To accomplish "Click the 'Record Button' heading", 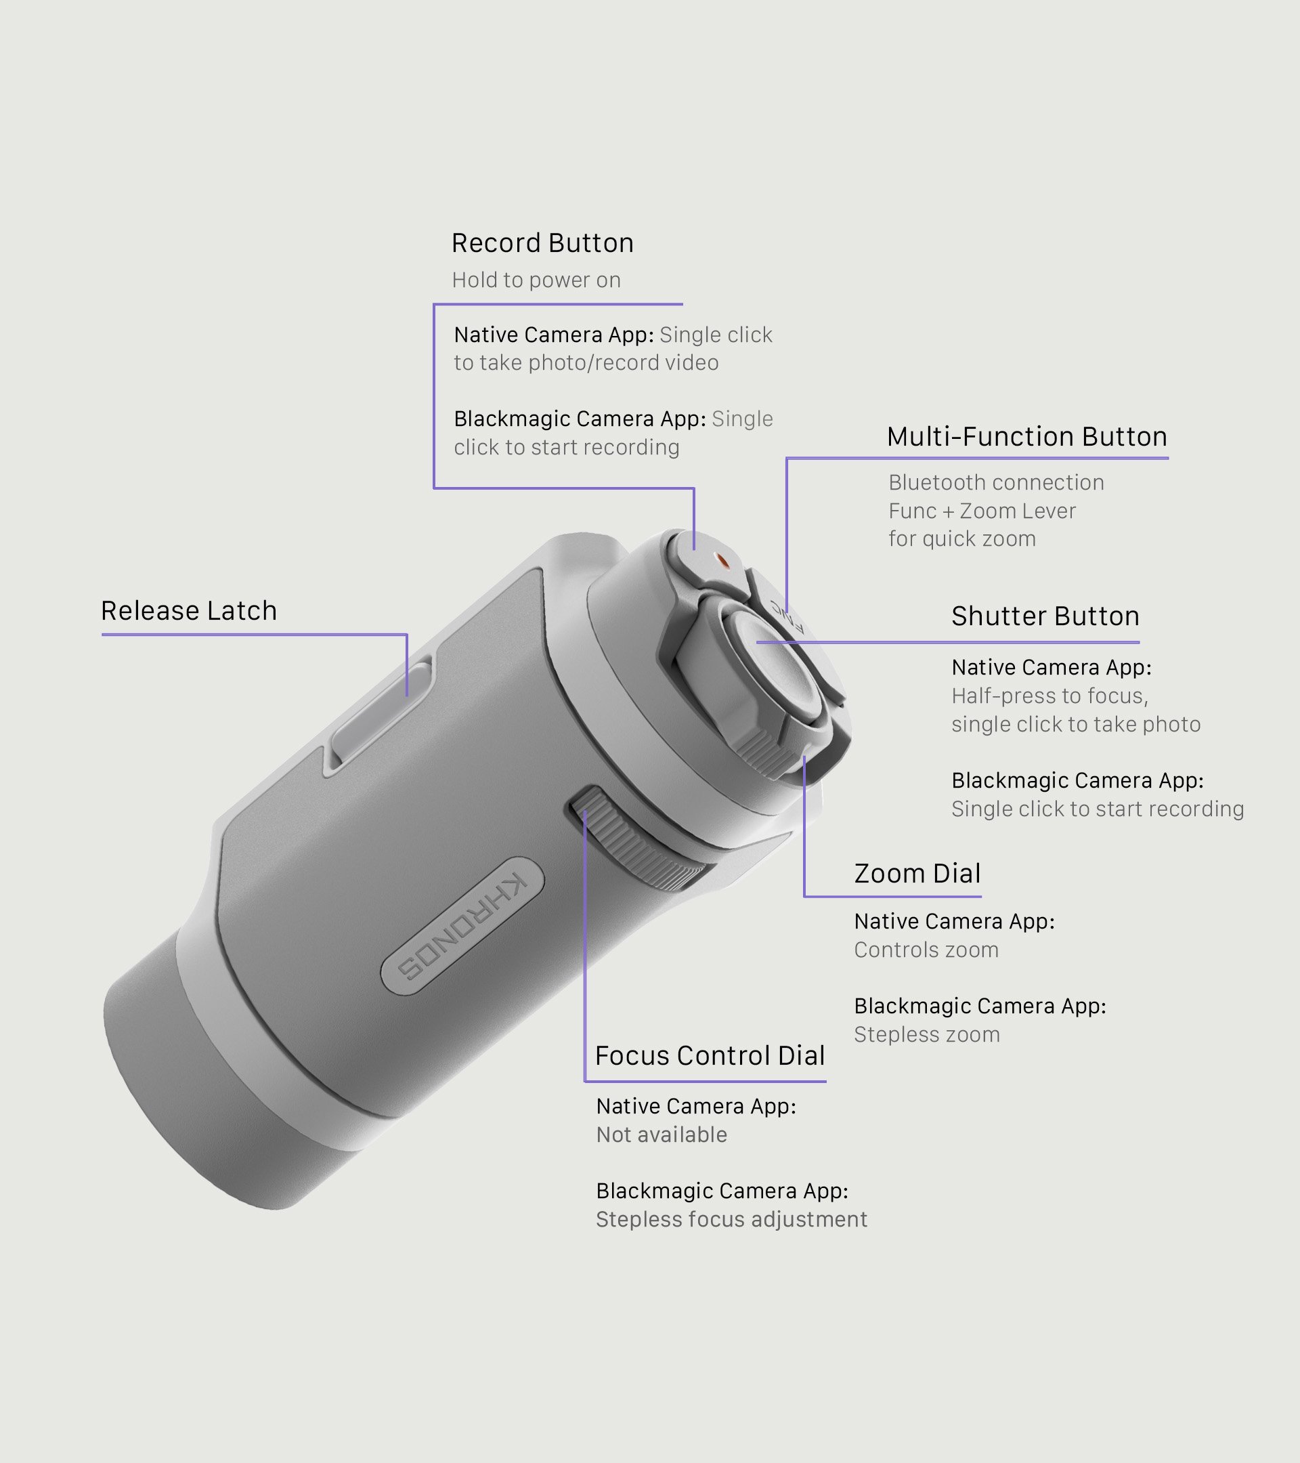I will tap(542, 243).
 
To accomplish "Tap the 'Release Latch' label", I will tap(189, 611).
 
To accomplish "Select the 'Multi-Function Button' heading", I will tap(1026, 437).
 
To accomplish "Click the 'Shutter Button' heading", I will tap(1045, 616).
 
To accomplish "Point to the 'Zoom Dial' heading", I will tap(917, 874).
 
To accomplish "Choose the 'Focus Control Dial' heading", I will tap(710, 1056).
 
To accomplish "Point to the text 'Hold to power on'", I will tap(536, 280).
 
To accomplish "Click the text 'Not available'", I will tap(661, 1135).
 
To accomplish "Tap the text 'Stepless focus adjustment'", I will tap(731, 1219).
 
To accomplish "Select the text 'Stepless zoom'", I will tap(926, 1034).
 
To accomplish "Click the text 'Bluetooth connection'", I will tap(996, 482).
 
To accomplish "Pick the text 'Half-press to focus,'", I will tap(1049, 696).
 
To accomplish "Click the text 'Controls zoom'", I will tap(926, 950).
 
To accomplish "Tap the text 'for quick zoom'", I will tap(961, 538).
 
